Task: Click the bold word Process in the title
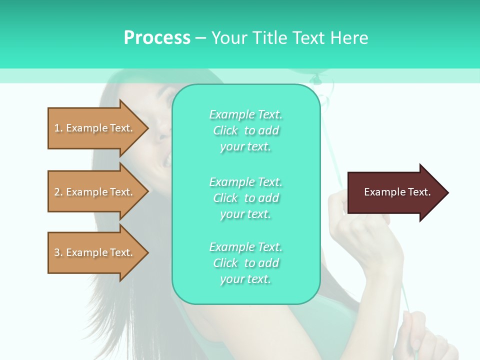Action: [x=157, y=37]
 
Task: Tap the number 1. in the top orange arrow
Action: [x=58, y=128]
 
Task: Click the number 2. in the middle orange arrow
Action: [x=58, y=192]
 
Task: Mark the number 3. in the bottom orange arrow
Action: [x=58, y=252]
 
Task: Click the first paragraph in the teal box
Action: [x=245, y=130]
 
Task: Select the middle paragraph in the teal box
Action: [x=245, y=198]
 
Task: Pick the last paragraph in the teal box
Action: [x=245, y=263]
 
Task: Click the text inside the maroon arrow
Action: [x=397, y=192]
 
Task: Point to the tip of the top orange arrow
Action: [x=148, y=128]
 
